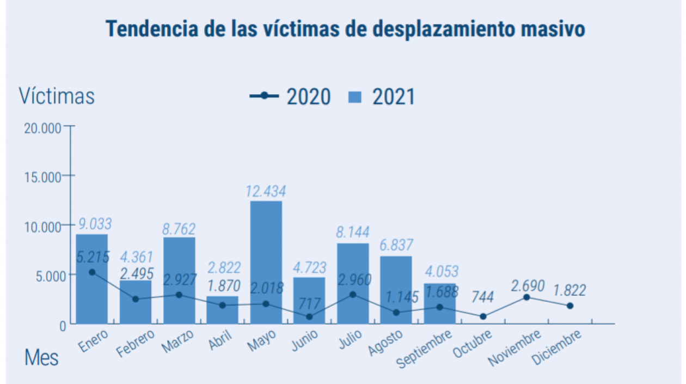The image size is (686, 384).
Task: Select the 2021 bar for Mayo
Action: click(266, 261)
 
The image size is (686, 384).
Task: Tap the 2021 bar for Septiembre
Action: click(440, 303)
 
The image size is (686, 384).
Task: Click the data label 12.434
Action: click(266, 192)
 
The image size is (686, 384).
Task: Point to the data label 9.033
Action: click(94, 224)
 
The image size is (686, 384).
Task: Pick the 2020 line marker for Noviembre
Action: click(526, 297)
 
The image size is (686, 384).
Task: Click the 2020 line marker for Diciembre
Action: click(570, 306)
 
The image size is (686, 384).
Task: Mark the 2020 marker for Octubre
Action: click(483, 316)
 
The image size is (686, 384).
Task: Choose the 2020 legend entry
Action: click(290, 96)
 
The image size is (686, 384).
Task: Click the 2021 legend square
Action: click(354, 97)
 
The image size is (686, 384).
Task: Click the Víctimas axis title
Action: click(57, 96)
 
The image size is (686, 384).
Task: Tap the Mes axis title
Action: click(41, 358)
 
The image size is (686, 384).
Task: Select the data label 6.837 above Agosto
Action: click(396, 245)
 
